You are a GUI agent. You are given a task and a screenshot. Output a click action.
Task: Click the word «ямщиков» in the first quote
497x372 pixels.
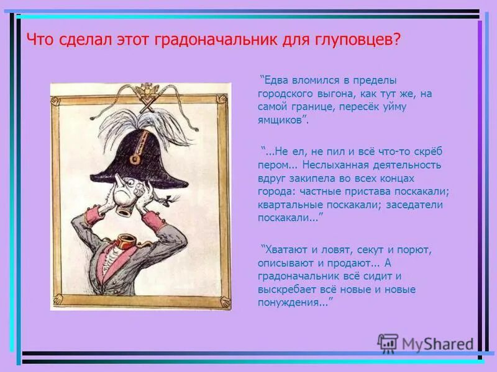282,120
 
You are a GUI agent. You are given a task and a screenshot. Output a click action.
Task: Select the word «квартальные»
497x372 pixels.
288,205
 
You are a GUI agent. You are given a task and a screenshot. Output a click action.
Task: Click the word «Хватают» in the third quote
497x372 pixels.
286,250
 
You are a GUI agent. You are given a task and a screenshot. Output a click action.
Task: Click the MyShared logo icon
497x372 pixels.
388,343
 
